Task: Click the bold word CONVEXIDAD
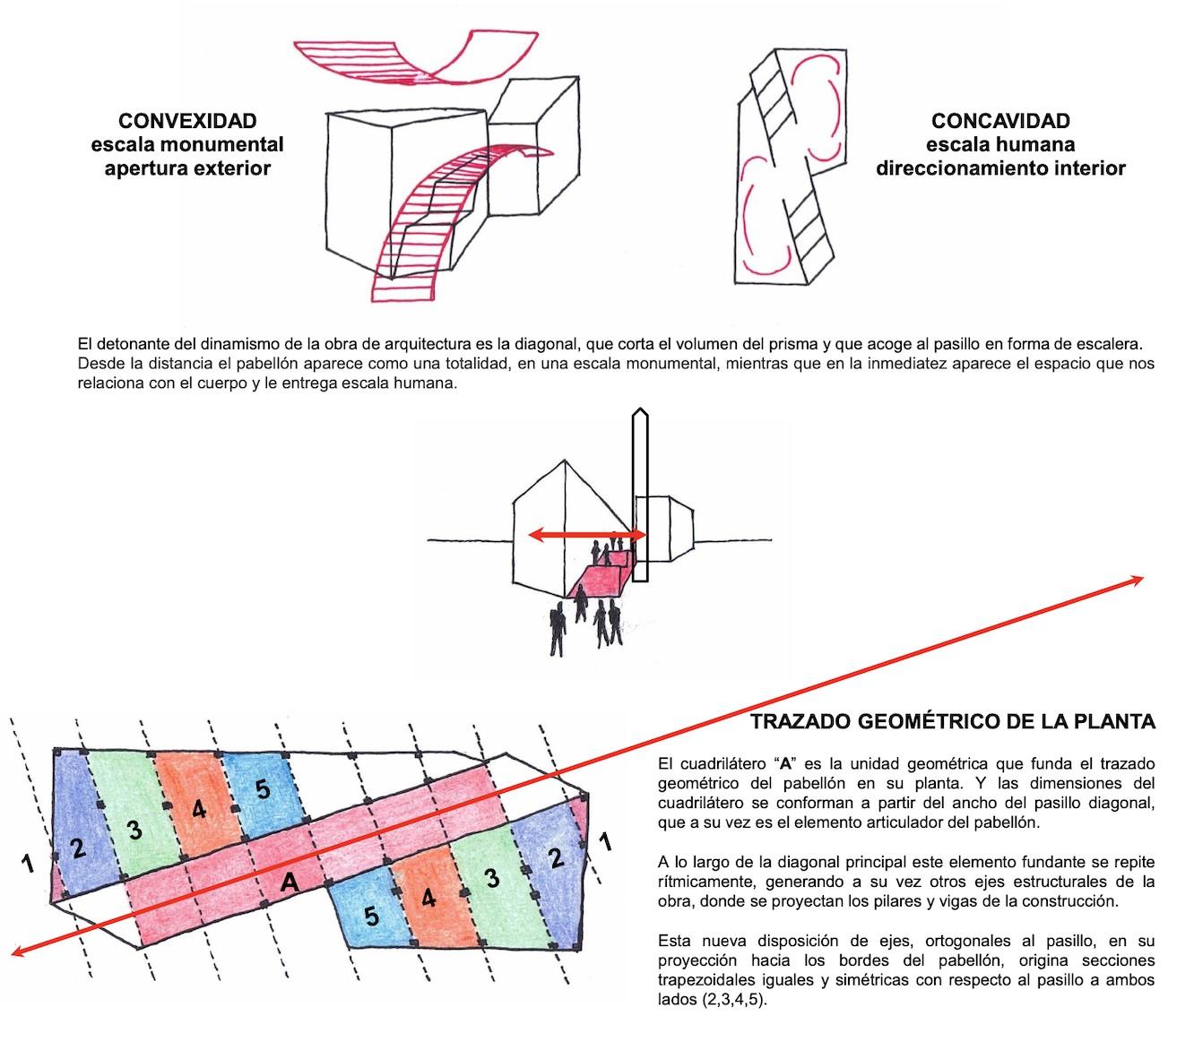tap(187, 121)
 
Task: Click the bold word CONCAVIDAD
tap(1000, 121)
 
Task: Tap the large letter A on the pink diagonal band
tap(288, 882)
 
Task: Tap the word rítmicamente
tap(700, 882)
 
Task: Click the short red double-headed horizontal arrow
tap(587, 536)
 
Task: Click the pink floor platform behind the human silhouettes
tap(600, 578)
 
